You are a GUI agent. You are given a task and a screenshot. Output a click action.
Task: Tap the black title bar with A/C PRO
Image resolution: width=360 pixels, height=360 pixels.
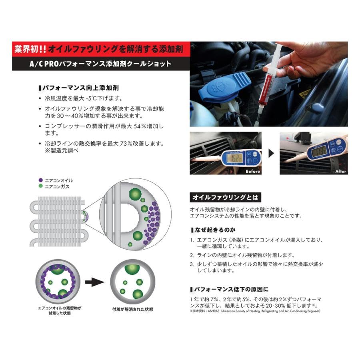[100, 64]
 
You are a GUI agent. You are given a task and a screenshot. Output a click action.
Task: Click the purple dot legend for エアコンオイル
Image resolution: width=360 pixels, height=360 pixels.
[40, 180]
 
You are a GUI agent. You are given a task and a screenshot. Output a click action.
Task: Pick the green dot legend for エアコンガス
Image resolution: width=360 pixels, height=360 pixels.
[40, 186]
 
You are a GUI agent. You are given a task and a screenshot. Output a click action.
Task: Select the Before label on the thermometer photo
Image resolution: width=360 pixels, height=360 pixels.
[253, 171]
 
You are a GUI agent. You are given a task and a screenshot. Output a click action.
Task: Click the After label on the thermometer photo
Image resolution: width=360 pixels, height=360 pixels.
[340, 171]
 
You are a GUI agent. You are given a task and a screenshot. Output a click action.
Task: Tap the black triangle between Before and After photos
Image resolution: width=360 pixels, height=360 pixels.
[271, 153]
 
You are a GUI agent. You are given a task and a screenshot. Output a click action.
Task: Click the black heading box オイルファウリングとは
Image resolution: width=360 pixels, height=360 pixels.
[225, 197]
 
